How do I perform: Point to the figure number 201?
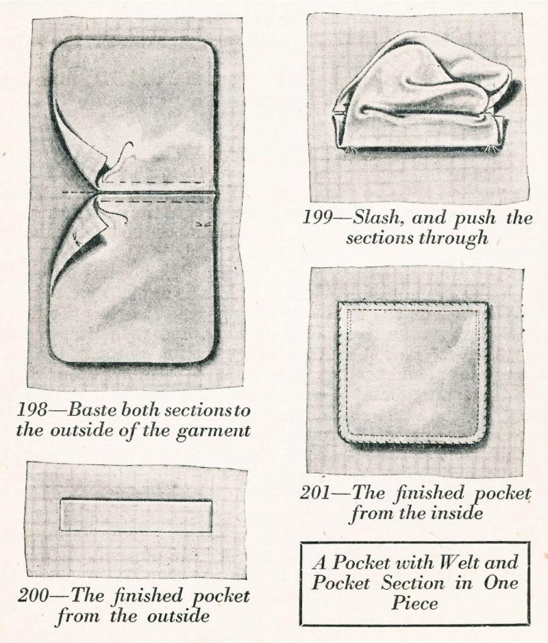click(315, 493)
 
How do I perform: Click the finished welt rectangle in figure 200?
click(136, 516)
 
